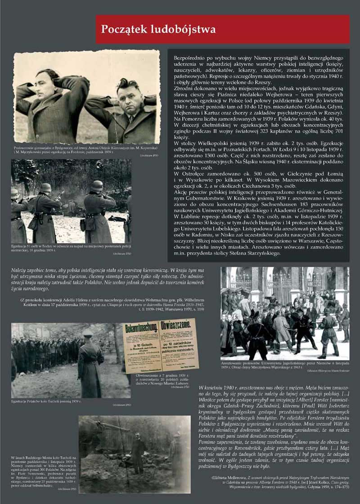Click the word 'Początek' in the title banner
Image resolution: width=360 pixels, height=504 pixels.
(x=125, y=29)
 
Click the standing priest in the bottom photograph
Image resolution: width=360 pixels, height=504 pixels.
(x=138, y=452)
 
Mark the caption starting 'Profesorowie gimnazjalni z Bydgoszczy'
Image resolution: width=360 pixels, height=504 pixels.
(x=85, y=150)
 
